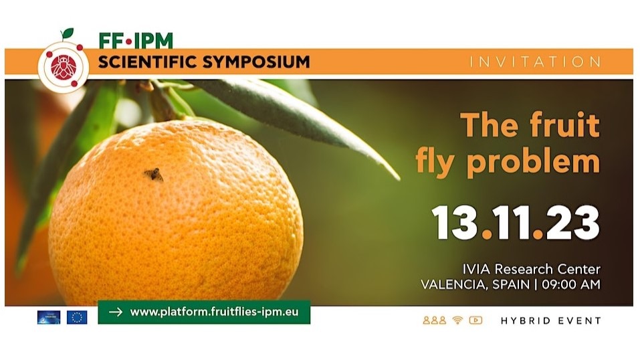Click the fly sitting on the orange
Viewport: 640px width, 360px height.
(x=153, y=175)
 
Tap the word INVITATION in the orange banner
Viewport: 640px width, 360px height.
(x=535, y=62)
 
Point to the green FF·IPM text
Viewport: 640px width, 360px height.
(x=136, y=41)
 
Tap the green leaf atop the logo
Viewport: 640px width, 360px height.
(x=66, y=34)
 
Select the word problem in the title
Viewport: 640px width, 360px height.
(x=543, y=161)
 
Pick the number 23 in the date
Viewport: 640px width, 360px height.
(x=574, y=223)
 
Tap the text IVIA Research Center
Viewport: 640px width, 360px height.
(x=531, y=269)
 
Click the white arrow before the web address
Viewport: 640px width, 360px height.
(x=115, y=312)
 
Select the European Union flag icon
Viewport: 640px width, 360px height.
(x=77, y=317)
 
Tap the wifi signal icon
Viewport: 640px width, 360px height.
(x=457, y=320)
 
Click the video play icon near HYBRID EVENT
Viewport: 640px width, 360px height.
(x=475, y=320)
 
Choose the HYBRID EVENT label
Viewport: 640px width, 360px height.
(x=550, y=321)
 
